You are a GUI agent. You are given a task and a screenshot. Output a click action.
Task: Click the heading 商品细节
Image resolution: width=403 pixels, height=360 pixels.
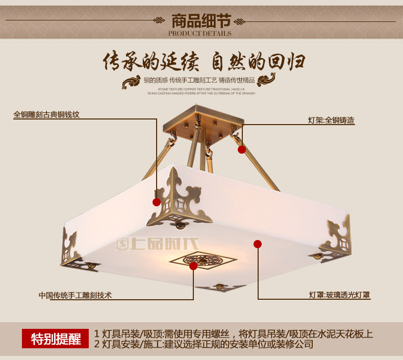tap(200, 21)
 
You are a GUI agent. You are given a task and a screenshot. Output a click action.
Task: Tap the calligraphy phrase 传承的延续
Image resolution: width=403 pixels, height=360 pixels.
tap(148, 62)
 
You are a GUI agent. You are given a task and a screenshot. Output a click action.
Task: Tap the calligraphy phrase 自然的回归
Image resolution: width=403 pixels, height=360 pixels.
tap(259, 62)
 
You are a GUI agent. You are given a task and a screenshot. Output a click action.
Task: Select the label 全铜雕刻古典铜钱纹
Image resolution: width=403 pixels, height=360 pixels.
tap(46, 115)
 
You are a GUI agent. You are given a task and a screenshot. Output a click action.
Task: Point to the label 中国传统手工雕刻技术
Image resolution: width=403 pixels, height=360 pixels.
tap(75, 295)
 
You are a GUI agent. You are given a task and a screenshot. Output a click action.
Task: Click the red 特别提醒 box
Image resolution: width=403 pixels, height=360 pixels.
tap(56, 339)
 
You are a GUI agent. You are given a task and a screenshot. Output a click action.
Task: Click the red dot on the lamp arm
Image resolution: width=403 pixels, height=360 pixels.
tap(242, 150)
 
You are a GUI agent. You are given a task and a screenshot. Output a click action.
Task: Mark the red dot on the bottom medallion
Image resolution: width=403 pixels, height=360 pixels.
tap(193, 266)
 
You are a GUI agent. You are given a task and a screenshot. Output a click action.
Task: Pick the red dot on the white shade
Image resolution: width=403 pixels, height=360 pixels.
tap(258, 245)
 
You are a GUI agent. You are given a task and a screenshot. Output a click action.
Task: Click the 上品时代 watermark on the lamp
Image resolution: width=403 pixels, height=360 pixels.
tap(159, 244)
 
